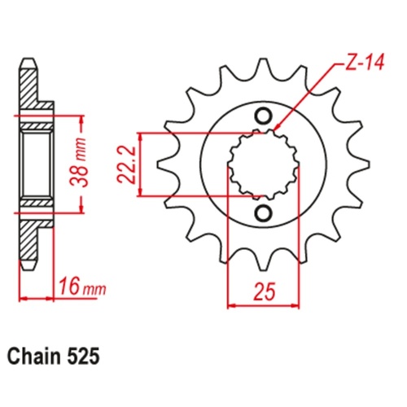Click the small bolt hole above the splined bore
click(263, 115)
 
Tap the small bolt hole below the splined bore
click(263, 213)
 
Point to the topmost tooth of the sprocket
click(262, 68)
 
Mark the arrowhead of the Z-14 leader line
click(278, 128)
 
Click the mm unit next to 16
click(94, 287)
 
